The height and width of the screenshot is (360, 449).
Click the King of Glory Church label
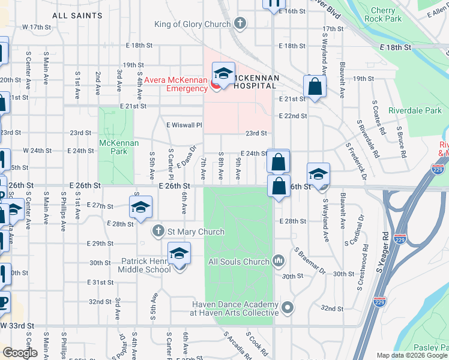click(x=192, y=24)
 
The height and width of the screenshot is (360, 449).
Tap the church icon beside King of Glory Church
click(x=240, y=24)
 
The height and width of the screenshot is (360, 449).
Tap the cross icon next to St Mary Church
click(x=158, y=231)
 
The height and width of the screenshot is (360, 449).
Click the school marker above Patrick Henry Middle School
click(x=179, y=254)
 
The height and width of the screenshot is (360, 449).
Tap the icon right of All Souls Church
click(x=278, y=260)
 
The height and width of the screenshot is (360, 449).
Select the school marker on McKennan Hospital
click(x=223, y=74)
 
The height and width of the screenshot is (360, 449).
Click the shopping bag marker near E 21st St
click(x=315, y=86)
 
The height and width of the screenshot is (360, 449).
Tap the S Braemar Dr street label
click(x=309, y=261)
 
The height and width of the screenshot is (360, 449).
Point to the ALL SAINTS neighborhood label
click(x=77, y=14)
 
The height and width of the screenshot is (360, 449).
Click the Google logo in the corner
click(x=19, y=352)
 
